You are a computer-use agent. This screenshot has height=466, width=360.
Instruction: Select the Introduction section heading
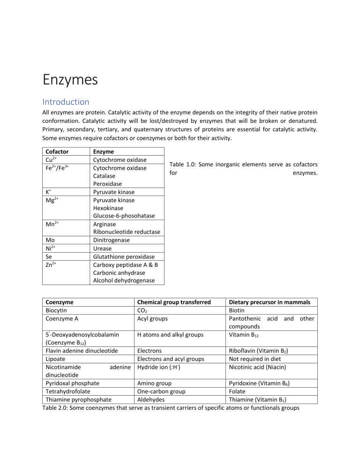pyautogui.click(x=66, y=102)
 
